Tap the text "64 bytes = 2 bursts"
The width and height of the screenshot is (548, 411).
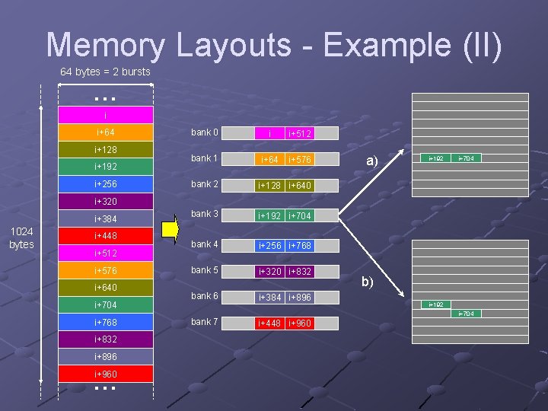point(105,72)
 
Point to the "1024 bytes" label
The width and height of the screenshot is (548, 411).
point(21,238)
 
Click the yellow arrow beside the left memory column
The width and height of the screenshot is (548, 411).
point(169,229)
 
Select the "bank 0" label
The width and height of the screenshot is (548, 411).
point(205,132)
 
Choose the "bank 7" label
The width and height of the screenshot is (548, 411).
point(205,322)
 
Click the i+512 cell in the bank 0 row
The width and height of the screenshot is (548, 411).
point(300,134)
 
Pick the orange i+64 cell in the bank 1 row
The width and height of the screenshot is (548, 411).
point(269,160)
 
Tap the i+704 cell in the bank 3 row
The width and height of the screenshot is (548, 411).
point(300,216)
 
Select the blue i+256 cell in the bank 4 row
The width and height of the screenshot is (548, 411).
point(269,245)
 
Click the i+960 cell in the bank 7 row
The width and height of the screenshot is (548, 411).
point(300,323)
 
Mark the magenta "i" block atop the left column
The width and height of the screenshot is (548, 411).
point(106,115)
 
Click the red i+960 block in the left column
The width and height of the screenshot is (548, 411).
point(106,374)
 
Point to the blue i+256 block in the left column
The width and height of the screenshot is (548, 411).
point(106,184)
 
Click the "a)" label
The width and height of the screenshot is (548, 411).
point(371,161)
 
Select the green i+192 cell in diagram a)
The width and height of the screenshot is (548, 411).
point(436,158)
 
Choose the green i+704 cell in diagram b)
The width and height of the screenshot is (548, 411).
point(465,314)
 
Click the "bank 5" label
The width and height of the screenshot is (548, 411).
point(205,270)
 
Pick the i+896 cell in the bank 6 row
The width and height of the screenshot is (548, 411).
point(300,298)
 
